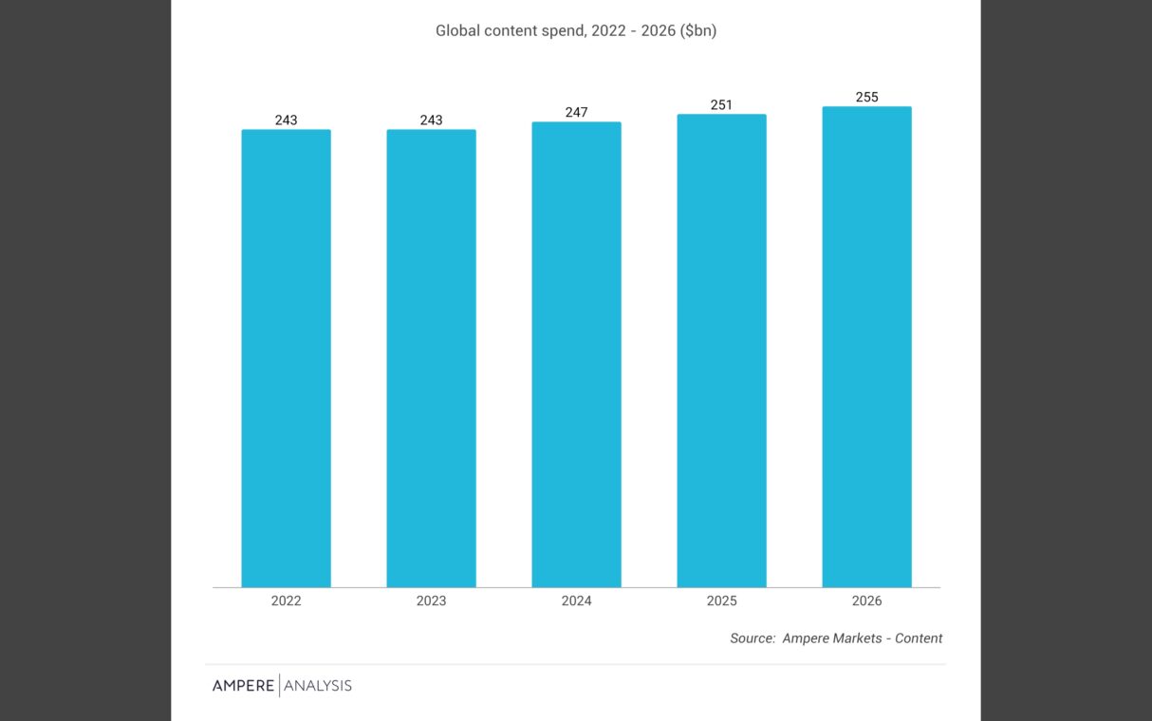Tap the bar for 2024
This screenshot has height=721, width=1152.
(576, 355)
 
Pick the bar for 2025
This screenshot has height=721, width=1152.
(721, 351)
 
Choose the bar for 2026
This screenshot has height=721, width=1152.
(866, 347)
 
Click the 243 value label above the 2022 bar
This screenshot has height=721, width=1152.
(286, 120)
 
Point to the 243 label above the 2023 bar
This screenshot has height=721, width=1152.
(431, 120)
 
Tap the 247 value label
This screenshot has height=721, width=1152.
(576, 113)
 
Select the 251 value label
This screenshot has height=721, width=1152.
(721, 105)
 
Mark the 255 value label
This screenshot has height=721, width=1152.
(866, 98)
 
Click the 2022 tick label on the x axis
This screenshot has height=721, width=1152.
(286, 601)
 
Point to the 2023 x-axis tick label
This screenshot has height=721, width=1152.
(431, 601)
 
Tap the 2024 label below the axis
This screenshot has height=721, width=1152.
(576, 601)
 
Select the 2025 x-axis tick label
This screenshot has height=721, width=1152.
(721, 601)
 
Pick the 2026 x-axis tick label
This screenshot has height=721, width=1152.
(866, 601)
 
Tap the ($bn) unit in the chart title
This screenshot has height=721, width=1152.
(697, 31)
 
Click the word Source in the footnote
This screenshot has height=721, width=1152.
(753, 638)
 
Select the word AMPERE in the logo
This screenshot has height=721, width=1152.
(243, 686)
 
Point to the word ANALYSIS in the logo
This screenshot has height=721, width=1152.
(318, 686)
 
